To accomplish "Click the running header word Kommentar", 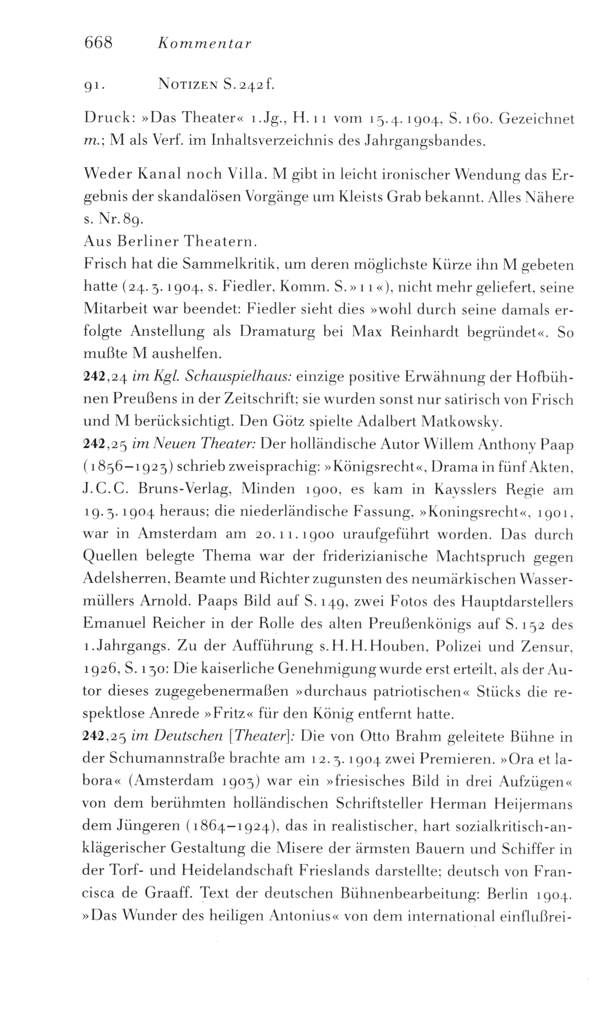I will tap(204, 44).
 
